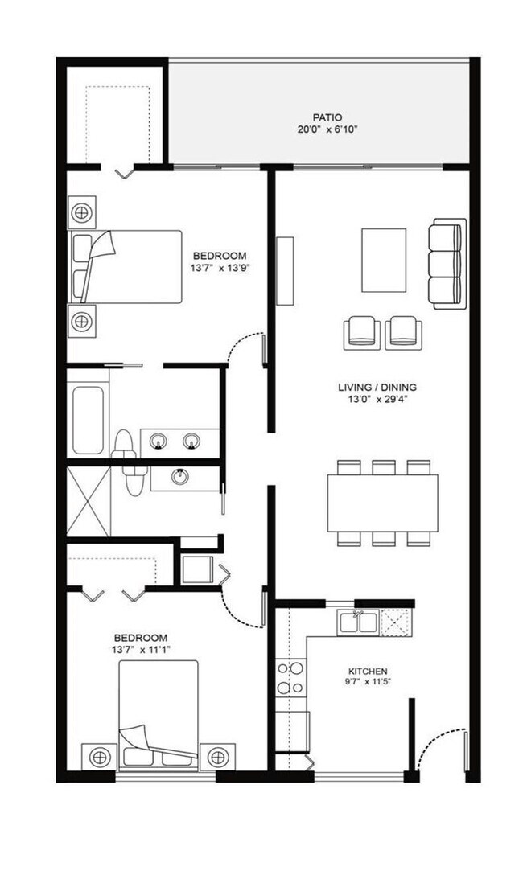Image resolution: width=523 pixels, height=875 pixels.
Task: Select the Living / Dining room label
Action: [x=377, y=388]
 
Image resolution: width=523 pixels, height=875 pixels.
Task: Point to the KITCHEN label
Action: [x=368, y=671]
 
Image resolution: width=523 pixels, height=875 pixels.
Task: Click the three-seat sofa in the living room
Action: [x=447, y=263]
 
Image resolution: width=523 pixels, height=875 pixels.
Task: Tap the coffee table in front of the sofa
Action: [x=384, y=260]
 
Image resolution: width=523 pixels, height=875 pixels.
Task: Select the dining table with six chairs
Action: [x=382, y=503]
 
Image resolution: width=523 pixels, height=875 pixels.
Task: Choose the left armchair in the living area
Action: [x=361, y=333]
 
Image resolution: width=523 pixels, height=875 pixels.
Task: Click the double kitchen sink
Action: [x=358, y=622]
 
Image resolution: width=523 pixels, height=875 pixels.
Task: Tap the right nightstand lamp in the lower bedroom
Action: [x=217, y=757]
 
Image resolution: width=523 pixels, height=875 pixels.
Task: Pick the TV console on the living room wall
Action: [x=285, y=270]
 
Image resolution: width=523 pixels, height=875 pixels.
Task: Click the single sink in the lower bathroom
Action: [x=179, y=478]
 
